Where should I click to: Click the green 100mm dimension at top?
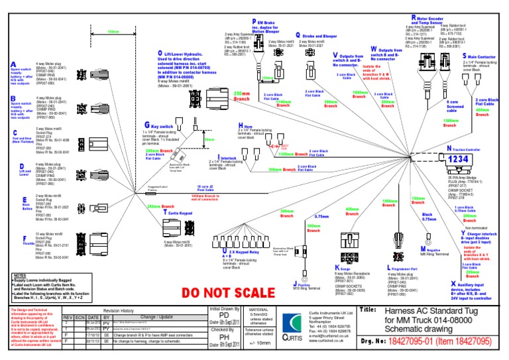(114, 31)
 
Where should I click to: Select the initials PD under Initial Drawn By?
(224, 318)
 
